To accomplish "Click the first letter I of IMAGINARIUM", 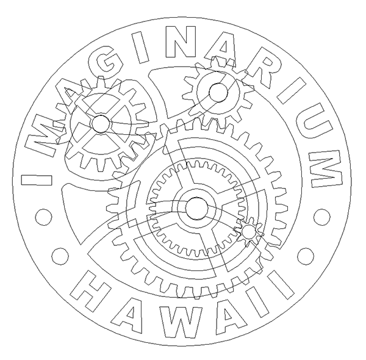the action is coord(37,180).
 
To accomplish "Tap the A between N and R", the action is coord(221,49).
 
